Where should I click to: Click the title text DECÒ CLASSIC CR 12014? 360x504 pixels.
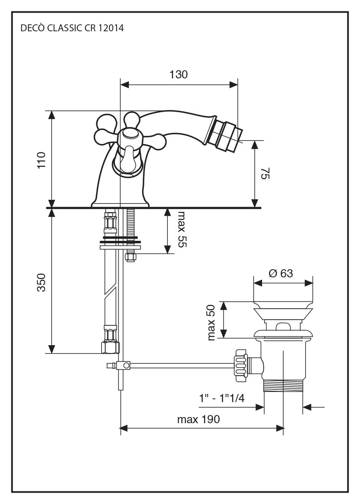pos(72,28)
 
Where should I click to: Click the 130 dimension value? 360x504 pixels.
pos(178,74)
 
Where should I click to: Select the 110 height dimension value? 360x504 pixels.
pos(42,160)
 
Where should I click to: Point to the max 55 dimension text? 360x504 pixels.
pos(181,229)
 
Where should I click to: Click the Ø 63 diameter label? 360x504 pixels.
pos(280,273)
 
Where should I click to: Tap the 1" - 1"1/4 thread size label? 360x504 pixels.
pos(222,398)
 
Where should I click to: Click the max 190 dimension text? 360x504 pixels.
pos(198,419)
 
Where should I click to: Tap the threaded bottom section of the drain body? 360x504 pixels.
pos(283,385)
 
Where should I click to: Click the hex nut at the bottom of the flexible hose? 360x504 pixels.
pos(111,347)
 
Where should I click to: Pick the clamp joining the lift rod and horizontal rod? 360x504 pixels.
pos(123,366)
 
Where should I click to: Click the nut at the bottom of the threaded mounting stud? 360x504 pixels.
pos(131,257)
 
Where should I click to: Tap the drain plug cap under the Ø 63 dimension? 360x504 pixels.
pos(283,304)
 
